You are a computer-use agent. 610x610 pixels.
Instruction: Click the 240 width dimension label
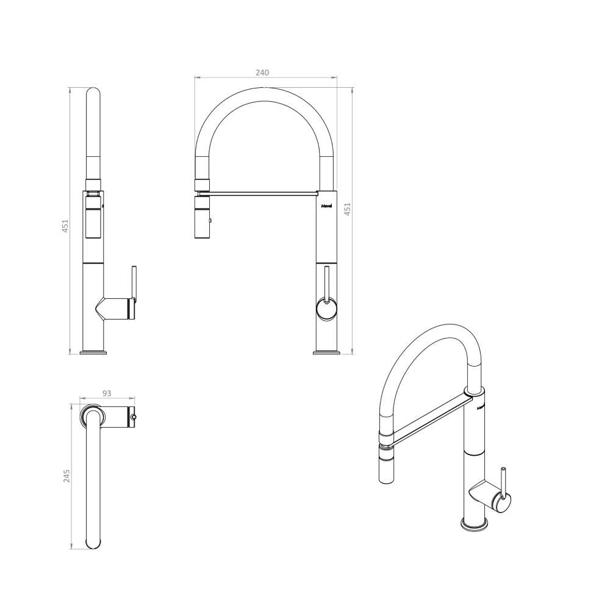click(262, 72)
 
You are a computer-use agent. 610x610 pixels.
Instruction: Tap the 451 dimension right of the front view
click(348, 209)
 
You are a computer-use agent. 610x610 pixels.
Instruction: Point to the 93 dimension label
click(106, 393)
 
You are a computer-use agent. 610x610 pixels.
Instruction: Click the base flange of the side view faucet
click(94, 352)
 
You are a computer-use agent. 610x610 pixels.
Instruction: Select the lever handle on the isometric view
click(503, 482)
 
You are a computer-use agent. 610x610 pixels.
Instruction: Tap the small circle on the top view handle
click(133, 418)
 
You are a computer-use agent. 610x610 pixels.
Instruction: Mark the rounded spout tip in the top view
click(94, 540)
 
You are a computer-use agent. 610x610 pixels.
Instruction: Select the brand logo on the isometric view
click(480, 404)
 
